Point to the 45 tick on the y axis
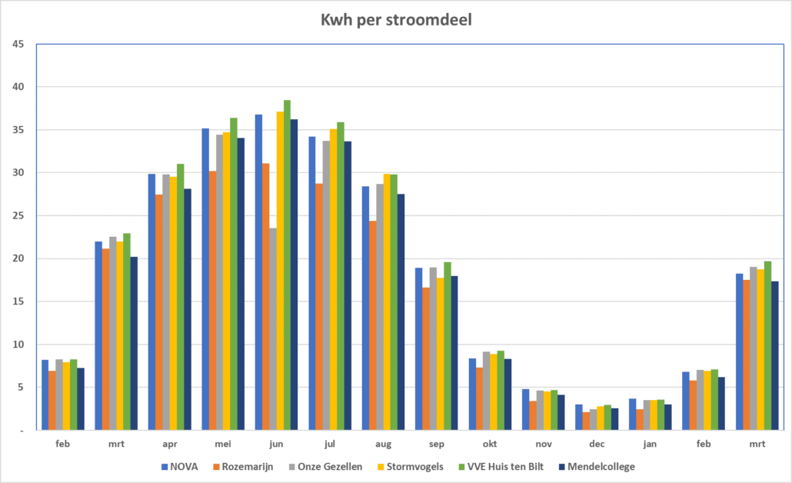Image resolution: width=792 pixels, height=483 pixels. tap(18, 44)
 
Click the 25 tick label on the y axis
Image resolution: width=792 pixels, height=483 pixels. tap(18, 215)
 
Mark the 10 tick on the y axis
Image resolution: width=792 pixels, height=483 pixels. tap(18, 345)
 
